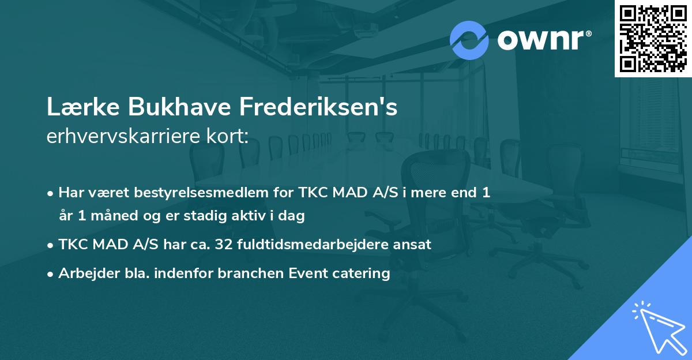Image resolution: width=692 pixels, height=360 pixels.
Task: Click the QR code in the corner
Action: coord(653,38)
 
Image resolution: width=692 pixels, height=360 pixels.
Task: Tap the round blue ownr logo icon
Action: coord(469,40)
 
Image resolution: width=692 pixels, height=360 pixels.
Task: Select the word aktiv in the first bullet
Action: coord(251,216)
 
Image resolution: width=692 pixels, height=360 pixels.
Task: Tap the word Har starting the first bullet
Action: coord(71,193)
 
